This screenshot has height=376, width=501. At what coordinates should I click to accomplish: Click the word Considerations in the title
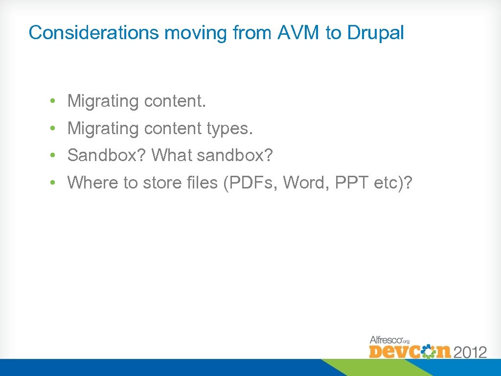click(x=93, y=33)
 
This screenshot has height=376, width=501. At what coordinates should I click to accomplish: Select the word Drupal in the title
click(x=375, y=33)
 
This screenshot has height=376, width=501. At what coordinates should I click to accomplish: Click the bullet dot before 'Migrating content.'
click(x=51, y=101)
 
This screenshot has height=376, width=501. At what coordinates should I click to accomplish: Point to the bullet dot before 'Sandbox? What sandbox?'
click(x=51, y=156)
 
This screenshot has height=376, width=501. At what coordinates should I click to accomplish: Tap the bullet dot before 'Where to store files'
click(x=51, y=183)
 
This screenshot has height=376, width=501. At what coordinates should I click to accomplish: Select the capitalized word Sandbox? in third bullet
click(x=107, y=156)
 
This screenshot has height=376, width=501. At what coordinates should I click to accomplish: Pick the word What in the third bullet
click(x=172, y=156)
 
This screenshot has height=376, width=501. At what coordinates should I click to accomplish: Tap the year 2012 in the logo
click(x=470, y=352)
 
